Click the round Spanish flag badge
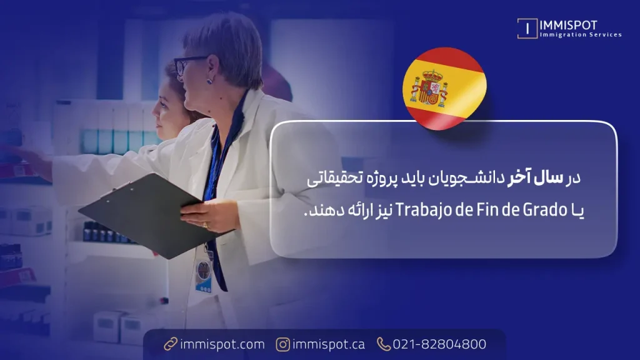click(444, 89)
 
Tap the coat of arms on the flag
click(429, 88)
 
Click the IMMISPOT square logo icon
click(527, 29)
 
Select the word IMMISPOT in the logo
click(568, 25)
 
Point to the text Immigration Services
click(581, 35)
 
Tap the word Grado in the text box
click(546, 210)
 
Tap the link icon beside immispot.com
click(171, 344)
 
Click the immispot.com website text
click(222, 344)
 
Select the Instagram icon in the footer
click(283, 344)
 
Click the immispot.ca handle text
click(329, 344)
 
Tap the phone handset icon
click(383, 344)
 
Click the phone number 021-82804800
click(439, 344)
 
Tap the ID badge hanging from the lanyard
click(203, 276)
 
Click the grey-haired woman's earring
click(209, 81)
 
